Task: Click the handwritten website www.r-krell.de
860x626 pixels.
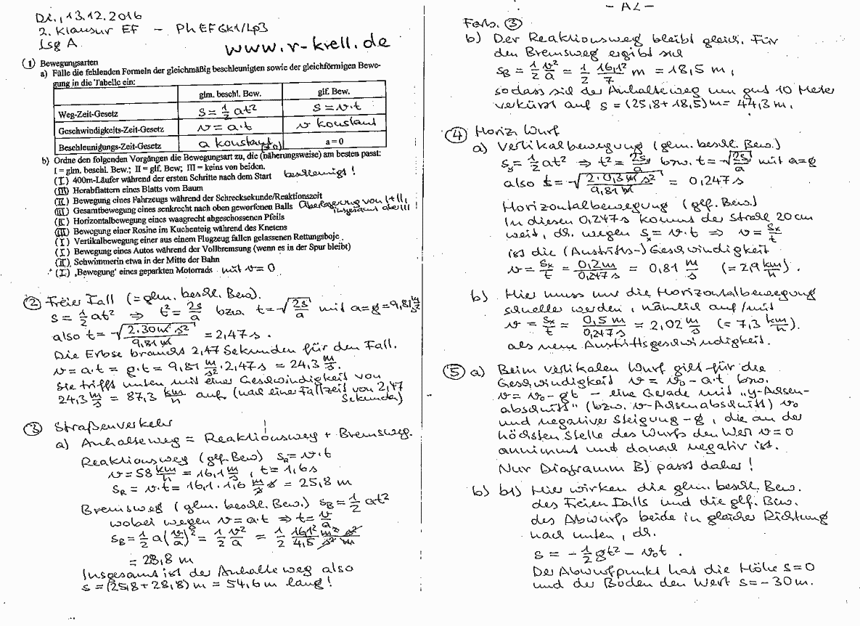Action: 307,46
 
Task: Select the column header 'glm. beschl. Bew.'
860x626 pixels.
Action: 229,94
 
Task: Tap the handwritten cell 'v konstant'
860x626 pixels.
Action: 332,126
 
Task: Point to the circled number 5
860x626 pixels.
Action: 454,372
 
